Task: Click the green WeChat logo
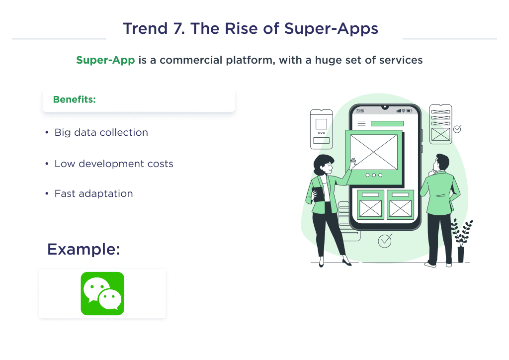(x=102, y=293)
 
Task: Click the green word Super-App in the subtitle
(x=105, y=60)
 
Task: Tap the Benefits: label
(x=74, y=99)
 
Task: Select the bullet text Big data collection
(x=101, y=133)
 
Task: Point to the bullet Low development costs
(x=114, y=164)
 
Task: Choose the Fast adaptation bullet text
(x=93, y=194)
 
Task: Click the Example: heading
(x=84, y=249)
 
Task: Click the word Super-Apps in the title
(x=331, y=28)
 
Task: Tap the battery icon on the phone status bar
(x=410, y=111)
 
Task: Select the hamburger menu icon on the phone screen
(x=361, y=123)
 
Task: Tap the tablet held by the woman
(x=318, y=193)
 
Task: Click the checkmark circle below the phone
(x=385, y=241)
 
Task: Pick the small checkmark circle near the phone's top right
(x=457, y=129)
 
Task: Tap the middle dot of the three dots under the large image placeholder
(x=374, y=175)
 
